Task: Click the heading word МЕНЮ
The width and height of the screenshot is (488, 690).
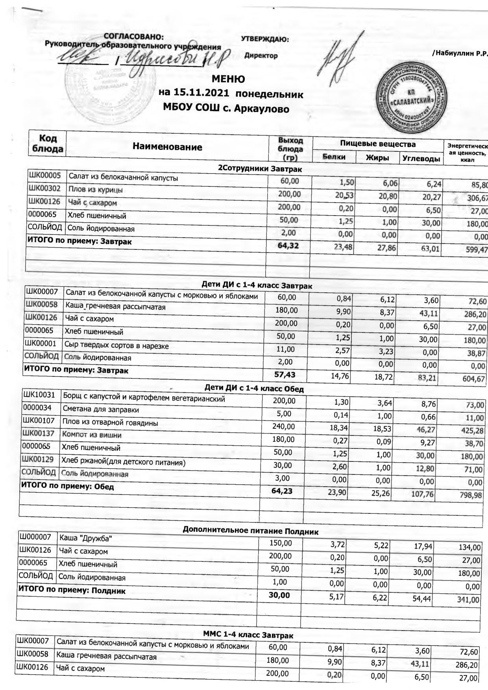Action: pyautogui.click(x=228, y=79)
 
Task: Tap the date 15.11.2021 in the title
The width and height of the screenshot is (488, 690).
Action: pyautogui.click(x=203, y=94)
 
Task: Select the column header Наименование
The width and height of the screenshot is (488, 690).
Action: pyautogui.click(x=167, y=148)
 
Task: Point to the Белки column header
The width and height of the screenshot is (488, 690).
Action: pyautogui.click(x=334, y=157)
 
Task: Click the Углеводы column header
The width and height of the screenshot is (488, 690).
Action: pyautogui.click(x=421, y=159)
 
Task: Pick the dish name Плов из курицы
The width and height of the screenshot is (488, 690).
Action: pyautogui.click(x=95, y=190)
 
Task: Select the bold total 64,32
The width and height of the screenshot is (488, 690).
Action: pyautogui.click(x=288, y=246)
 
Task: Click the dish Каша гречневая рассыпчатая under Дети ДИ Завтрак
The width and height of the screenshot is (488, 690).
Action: pyautogui.click(x=115, y=306)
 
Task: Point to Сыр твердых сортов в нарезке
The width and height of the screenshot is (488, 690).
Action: pyautogui.click(x=116, y=346)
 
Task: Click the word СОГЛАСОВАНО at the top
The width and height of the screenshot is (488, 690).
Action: pyautogui.click(x=134, y=37)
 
